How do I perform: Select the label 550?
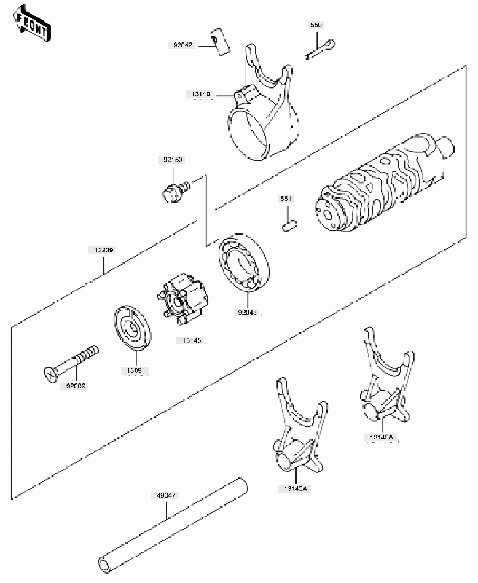tap(316, 26)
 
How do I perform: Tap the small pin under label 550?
tap(320, 48)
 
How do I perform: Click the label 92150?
tap(172, 160)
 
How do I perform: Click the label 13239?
tap(101, 250)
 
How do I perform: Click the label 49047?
tap(165, 495)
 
